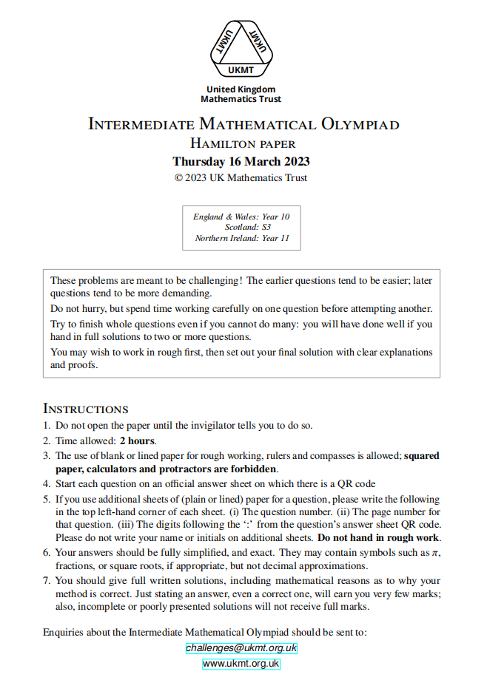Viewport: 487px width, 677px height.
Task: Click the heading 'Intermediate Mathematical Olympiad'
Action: point(243,124)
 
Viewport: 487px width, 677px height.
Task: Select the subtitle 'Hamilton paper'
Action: point(243,143)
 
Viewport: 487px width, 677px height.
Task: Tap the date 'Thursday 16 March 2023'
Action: point(241,161)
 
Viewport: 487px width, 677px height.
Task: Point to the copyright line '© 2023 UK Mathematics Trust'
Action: point(241,177)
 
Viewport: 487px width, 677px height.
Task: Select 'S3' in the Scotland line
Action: point(266,228)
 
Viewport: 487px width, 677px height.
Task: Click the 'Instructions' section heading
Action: point(86,409)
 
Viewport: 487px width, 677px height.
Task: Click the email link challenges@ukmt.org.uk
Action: point(241,648)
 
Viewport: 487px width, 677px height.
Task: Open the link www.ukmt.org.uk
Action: point(241,664)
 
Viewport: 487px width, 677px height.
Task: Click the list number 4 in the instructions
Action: point(46,484)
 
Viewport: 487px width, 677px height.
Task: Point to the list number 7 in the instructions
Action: point(46,580)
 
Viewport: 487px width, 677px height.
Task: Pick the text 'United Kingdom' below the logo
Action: point(241,89)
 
